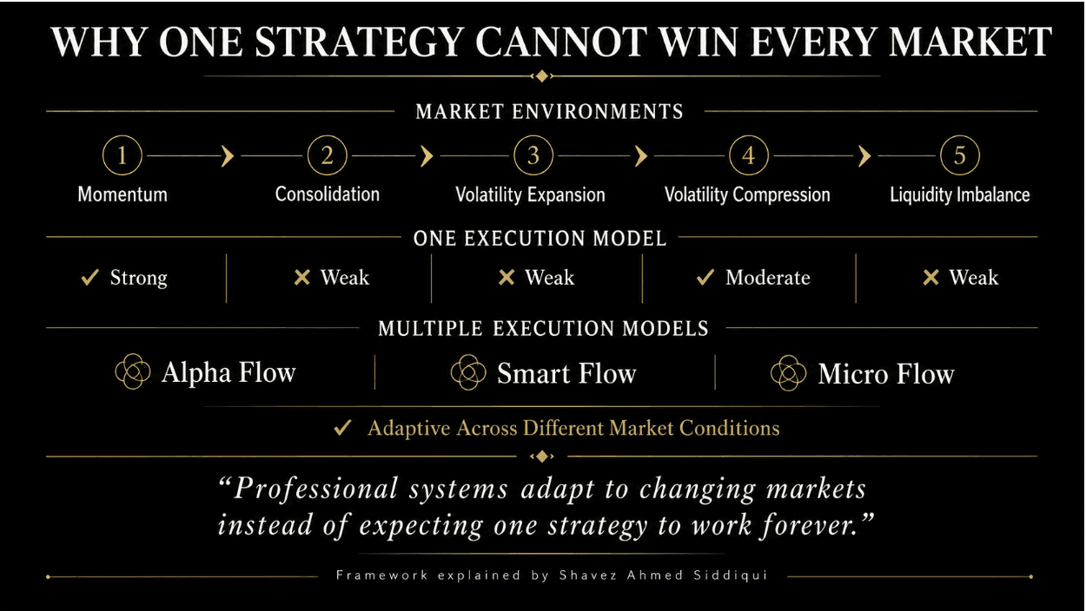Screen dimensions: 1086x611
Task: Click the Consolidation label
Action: tap(328, 194)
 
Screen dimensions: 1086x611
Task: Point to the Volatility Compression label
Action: tap(747, 195)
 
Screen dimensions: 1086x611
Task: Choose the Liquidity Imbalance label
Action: tap(959, 195)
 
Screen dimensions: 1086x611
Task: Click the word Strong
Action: tap(139, 278)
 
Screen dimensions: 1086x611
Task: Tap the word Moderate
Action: tap(768, 278)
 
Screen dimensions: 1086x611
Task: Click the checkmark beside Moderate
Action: tap(705, 278)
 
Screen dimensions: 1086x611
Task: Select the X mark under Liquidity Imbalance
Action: tap(930, 278)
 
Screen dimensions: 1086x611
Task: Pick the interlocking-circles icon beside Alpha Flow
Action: tap(133, 371)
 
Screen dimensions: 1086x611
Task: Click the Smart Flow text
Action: tap(566, 374)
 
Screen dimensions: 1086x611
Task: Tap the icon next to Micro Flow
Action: tap(789, 373)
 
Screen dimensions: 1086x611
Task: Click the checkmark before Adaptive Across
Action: tap(343, 428)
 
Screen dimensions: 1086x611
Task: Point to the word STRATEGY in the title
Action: tap(360, 42)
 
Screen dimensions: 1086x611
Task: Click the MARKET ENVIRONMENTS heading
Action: tap(549, 112)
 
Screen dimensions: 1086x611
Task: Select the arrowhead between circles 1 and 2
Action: tap(228, 156)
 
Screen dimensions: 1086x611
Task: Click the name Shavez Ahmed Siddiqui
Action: tap(663, 575)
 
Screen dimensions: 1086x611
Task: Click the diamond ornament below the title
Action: tap(542, 76)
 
